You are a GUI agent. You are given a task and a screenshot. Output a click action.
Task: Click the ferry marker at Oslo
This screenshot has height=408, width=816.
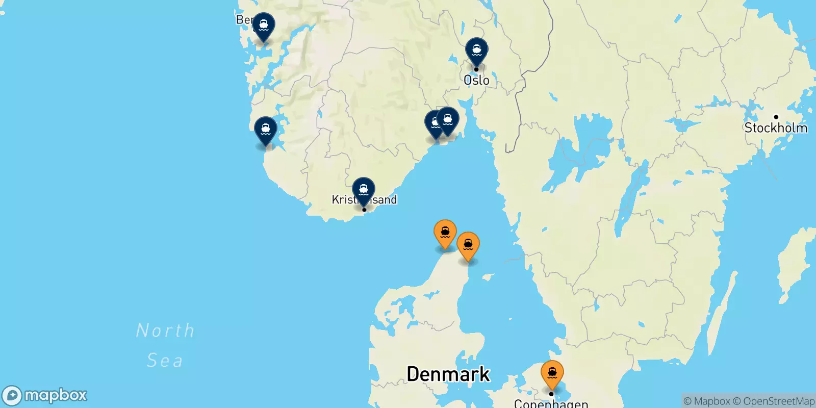(476, 51)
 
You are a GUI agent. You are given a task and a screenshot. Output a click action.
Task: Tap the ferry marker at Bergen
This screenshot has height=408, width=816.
(264, 25)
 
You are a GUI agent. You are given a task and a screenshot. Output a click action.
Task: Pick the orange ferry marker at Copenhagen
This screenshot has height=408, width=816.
(552, 373)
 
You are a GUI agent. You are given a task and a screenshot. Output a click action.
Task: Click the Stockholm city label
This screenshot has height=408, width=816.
(776, 128)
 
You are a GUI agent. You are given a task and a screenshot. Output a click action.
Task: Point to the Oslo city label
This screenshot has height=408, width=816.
(476, 80)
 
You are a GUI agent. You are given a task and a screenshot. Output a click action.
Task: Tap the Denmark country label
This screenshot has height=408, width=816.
(448, 374)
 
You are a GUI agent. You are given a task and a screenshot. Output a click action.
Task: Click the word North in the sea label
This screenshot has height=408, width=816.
(165, 330)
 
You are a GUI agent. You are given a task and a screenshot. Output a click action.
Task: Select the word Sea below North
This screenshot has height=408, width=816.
(164, 361)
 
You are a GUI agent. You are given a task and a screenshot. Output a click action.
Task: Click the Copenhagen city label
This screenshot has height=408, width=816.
(551, 403)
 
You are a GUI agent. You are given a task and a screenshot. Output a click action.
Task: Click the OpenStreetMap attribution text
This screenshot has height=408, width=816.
(774, 401)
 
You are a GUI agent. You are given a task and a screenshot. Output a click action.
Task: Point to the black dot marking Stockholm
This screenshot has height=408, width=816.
(776, 117)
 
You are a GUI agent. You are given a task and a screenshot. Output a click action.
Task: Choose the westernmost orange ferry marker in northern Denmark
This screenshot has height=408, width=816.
(445, 233)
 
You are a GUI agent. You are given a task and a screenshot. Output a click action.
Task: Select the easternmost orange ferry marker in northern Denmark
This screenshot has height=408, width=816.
(468, 245)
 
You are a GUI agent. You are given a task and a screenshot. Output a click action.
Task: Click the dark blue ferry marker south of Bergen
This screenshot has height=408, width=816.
(266, 130)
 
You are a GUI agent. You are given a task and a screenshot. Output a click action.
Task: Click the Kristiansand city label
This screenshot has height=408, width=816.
(364, 199)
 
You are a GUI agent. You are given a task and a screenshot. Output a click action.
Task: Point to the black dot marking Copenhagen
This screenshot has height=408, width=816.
(551, 394)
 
